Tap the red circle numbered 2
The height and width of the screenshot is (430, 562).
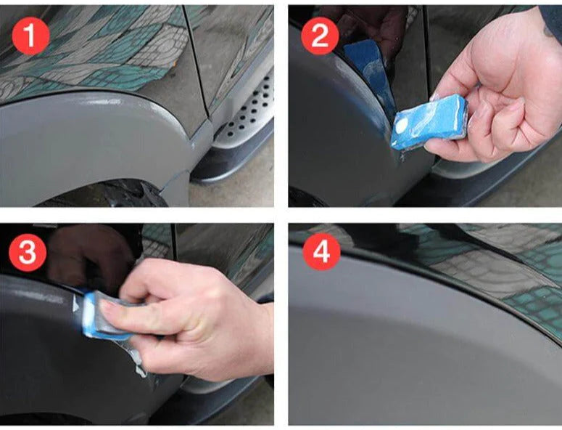click(319, 36)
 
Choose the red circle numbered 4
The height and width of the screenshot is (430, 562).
click(319, 253)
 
